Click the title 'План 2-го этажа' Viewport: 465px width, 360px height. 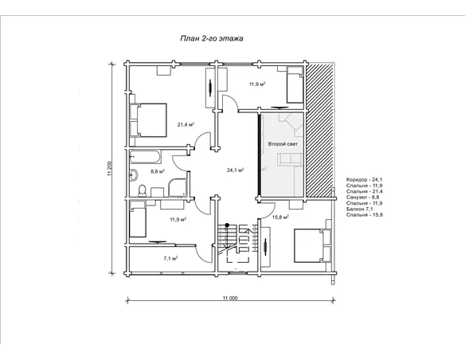click(212, 38)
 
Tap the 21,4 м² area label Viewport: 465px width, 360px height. click(186, 124)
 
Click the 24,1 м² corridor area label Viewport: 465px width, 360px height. click(235, 170)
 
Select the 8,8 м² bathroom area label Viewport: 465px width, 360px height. click(158, 171)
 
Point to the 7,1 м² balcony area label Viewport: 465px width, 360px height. click(170, 259)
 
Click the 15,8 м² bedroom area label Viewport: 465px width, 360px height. click(280, 217)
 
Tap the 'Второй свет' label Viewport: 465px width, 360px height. click(283, 144)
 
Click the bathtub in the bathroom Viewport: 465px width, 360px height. click(145, 157)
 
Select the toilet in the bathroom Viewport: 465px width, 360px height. click(143, 190)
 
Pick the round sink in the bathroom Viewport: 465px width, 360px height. click(134, 174)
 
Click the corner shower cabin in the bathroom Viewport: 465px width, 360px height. click(178, 188)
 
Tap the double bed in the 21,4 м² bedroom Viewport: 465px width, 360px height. click(148, 120)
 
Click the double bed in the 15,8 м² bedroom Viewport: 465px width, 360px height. click(312, 245)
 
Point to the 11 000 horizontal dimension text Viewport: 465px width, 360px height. click(230, 299)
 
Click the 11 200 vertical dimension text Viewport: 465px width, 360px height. click(109, 169)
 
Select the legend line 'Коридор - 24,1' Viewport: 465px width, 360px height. click(364, 180)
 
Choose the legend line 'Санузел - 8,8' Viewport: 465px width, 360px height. click(363, 198)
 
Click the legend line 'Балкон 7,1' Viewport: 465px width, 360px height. click(359, 209)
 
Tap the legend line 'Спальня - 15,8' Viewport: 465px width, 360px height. click(365, 215)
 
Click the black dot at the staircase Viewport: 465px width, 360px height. click(227, 225)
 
